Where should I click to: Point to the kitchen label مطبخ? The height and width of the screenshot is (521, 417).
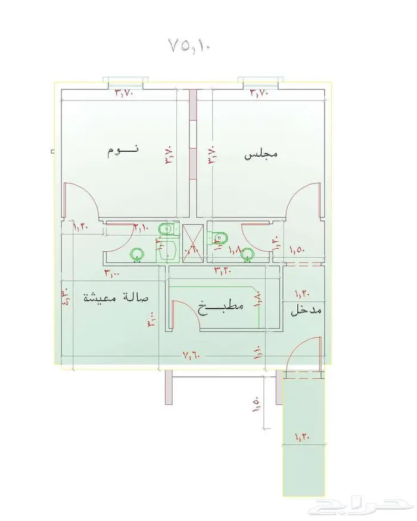(x=222, y=307)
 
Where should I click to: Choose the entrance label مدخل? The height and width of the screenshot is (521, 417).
(x=306, y=311)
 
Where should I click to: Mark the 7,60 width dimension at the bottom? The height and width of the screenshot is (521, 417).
(x=192, y=355)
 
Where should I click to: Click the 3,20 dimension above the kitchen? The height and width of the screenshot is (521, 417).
(x=223, y=271)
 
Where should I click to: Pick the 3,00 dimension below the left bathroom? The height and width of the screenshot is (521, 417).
(x=111, y=273)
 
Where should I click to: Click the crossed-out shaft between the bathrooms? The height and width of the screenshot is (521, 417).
(x=192, y=243)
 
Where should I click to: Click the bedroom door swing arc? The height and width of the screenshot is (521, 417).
(x=83, y=199)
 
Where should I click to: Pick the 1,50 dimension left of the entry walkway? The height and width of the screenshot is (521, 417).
(x=257, y=404)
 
